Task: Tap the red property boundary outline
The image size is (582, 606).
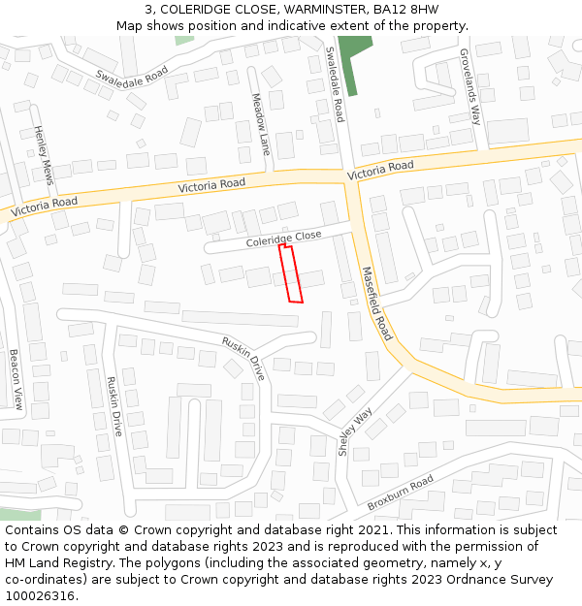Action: coord(291,274)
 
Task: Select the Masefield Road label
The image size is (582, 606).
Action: coord(376,303)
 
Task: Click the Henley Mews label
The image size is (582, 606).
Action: coord(43,155)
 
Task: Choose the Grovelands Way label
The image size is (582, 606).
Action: coord(469,87)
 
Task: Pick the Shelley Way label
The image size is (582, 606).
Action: coord(355,432)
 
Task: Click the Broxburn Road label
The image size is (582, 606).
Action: coord(400,494)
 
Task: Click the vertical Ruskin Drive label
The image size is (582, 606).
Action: coord(114,406)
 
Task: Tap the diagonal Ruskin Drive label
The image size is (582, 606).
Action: coord(243,357)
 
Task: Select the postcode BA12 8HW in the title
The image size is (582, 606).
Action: coord(405,10)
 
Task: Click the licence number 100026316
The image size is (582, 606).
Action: coord(39,596)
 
